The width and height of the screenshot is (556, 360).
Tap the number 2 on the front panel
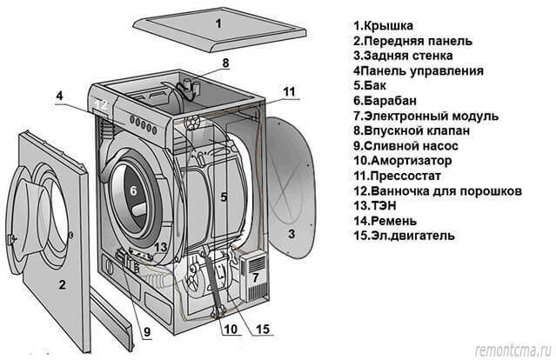click(62, 284)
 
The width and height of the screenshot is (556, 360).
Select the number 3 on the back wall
click(292, 233)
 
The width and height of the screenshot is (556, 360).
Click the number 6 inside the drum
click(134, 190)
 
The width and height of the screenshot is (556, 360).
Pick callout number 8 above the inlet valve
click(224, 63)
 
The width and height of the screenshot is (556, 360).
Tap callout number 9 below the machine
click(145, 331)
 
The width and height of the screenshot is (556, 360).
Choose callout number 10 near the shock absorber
click(228, 330)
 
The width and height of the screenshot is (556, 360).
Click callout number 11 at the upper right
click(289, 90)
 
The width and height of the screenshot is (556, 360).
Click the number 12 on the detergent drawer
click(101, 105)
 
